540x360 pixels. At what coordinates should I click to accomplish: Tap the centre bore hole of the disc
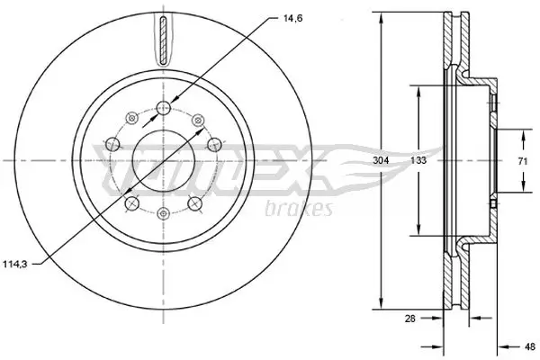coord(163,161)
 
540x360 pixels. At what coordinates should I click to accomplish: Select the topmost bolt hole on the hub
coord(163,109)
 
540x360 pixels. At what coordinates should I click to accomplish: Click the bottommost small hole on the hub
coord(163,212)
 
